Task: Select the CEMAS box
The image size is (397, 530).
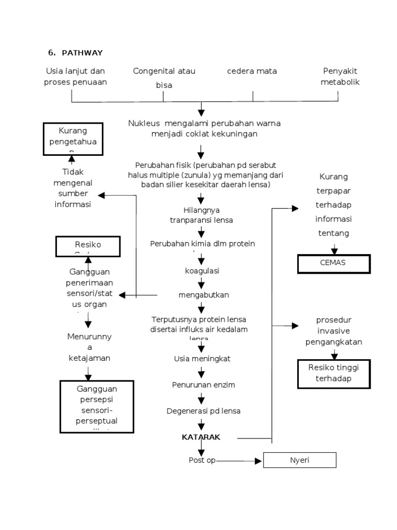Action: coord(333,263)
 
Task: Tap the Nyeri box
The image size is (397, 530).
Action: coord(299,460)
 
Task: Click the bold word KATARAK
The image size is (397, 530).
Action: coord(201,437)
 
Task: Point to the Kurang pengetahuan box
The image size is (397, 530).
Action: coord(72,139)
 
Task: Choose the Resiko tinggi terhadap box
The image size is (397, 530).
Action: coord(333,373)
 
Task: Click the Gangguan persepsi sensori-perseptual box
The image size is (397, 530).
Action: coord(97,406)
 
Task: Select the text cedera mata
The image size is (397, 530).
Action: coord(252,71)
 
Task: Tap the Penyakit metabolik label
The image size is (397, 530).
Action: coord(340,77)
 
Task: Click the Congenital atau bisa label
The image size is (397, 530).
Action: coord(164,78)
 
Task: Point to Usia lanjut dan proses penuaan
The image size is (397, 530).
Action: coord(75,77)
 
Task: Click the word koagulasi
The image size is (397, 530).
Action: coord(202,271)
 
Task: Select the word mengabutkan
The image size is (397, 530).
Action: coord(203,295)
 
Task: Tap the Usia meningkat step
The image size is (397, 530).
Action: coord(202,358)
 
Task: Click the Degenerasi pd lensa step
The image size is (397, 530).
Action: coord(203,411)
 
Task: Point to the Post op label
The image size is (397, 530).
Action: coord(202,460)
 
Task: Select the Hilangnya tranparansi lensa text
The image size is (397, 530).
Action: coord(202,215)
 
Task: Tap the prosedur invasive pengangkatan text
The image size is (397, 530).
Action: coord(333,331)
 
